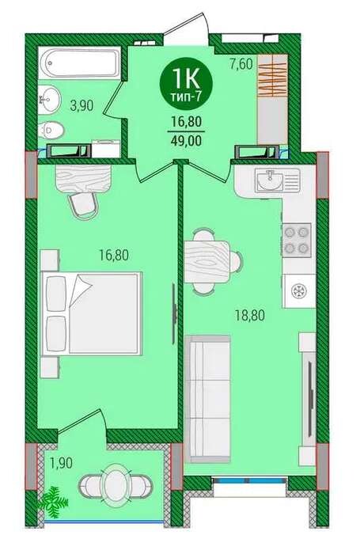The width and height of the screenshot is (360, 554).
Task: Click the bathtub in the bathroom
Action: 79,63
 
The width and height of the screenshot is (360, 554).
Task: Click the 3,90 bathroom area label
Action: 82,105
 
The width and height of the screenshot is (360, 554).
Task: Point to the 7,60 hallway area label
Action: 241,64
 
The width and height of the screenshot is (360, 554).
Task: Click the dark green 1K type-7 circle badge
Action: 186,85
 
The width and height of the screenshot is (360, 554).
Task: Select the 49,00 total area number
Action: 186,141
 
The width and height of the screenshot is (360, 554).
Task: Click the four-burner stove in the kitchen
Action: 297,241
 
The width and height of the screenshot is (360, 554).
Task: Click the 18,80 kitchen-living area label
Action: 250,315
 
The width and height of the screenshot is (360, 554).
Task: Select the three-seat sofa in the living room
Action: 208,399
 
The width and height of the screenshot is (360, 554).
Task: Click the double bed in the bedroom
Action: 92,313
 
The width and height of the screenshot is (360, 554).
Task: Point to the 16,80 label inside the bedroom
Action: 114,255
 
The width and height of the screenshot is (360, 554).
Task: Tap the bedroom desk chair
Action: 83,207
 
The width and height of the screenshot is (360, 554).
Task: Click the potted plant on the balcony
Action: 53,502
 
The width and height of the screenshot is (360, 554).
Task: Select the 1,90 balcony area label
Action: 61,463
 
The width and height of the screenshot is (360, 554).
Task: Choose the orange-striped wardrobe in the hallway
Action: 272,75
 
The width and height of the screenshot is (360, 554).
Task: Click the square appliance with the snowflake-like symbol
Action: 299,290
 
